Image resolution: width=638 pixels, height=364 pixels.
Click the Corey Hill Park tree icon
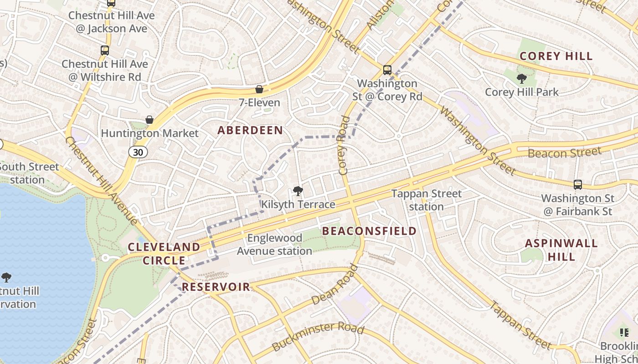(522, 79)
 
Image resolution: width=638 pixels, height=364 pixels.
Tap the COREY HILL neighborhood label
(556, 56)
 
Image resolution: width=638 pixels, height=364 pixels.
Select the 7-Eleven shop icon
(259, 89)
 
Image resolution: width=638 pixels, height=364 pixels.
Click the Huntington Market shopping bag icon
(149, 120)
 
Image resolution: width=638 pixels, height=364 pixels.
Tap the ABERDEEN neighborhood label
(250, 131)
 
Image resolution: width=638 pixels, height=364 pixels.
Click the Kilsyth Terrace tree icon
(298, 191)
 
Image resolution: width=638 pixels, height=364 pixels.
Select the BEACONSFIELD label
(369, 231)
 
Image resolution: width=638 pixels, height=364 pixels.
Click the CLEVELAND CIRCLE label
(164, 253)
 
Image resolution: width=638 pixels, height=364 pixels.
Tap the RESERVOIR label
(216, 287)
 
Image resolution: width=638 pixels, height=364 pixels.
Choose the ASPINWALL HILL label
(561, 250)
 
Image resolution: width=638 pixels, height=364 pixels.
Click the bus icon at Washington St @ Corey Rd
(387, 70)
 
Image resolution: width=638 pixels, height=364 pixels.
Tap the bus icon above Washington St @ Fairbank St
(578, 185)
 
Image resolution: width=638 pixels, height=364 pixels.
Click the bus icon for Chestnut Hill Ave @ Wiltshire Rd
(105, 51)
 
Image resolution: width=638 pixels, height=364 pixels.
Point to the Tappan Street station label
(427, 200)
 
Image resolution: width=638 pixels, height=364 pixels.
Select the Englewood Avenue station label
(274, 244)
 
